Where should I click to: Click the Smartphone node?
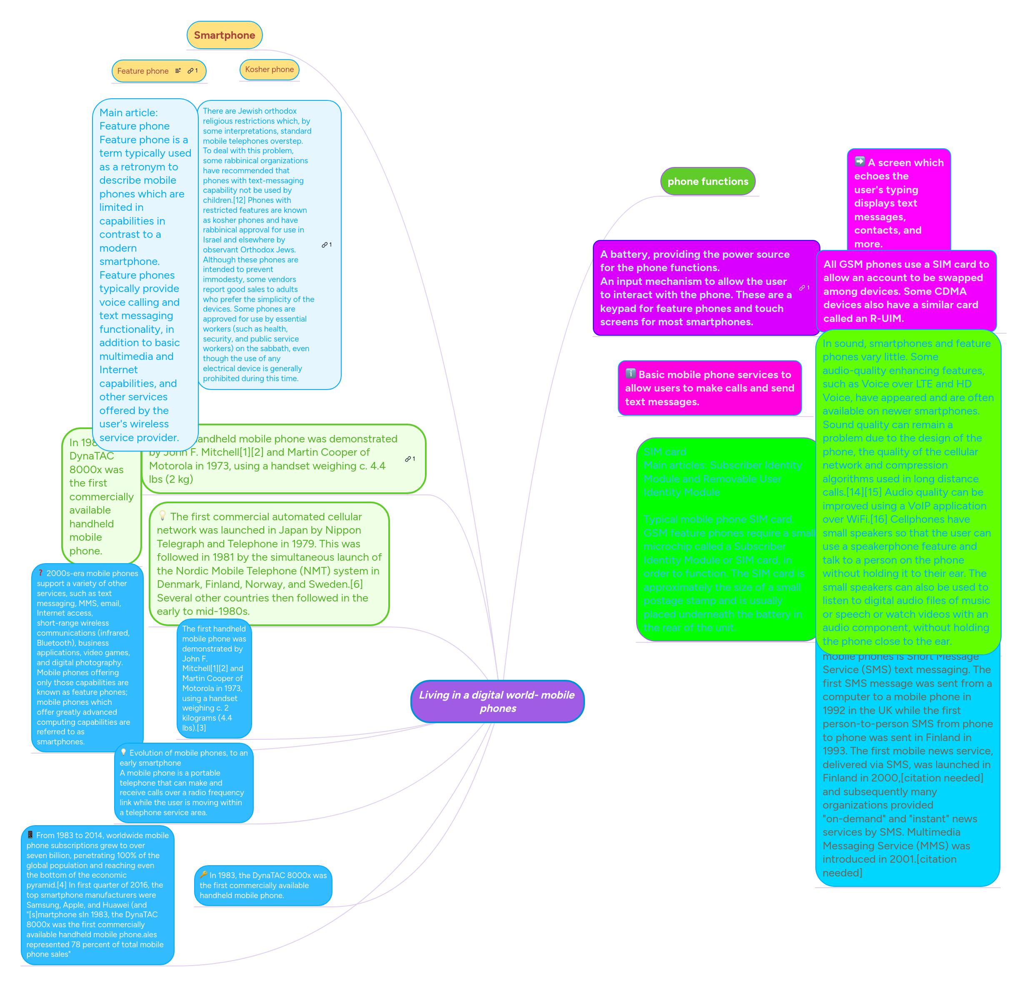tap(224, 35)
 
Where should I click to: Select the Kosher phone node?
tap(269, 69)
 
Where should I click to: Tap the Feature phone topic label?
tap(142, 71)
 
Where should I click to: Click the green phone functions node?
tap(707, 181)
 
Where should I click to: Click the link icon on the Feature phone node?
tap(192, 71)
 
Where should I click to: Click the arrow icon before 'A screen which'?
tap(860, 161)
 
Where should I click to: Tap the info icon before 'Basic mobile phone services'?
tap(631, 374)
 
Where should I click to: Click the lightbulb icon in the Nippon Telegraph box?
tap(162, 516)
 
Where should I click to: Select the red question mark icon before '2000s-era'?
tap(40, 573)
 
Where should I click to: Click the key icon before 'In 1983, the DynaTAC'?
tap(203, 874)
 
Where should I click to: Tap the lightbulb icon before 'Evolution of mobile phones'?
tap(124, 752)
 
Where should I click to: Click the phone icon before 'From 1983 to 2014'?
tap(30, 835)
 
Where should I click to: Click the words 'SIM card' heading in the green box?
tap(665, 452)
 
